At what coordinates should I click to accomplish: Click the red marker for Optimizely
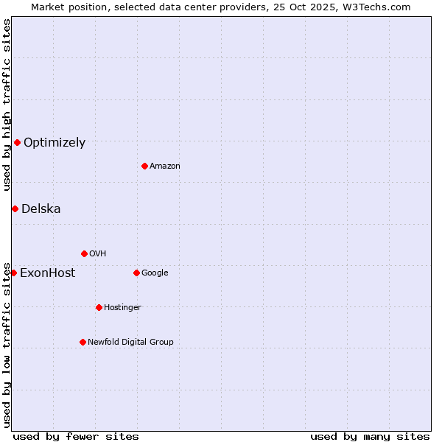coord(17,142)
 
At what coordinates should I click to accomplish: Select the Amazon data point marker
coord(144,166)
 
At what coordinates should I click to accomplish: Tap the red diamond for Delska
coord(15,208)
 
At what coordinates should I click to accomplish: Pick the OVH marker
coord(84,253)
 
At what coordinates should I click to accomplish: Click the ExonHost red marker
coord(13,273)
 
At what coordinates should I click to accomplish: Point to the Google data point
coord(136,273)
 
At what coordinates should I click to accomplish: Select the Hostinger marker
coord(99,307)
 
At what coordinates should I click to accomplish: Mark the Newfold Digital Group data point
coord(83,342)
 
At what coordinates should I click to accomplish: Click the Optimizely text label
coord(55,143)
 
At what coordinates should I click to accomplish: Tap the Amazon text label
coord(165,166)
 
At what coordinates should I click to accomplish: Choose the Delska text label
coord(41,209)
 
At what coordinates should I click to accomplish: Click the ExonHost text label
coord(47,273)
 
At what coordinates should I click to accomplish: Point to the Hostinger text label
coord(122,308)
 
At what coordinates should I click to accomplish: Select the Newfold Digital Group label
coord(130,343)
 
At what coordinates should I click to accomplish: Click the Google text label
coord(155,273)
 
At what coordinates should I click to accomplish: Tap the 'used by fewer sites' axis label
coord(76,436)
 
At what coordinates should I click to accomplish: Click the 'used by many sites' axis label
coord(370,436)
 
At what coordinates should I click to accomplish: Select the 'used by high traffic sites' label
coord(7,105)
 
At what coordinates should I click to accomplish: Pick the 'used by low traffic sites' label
coord(7,344)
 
